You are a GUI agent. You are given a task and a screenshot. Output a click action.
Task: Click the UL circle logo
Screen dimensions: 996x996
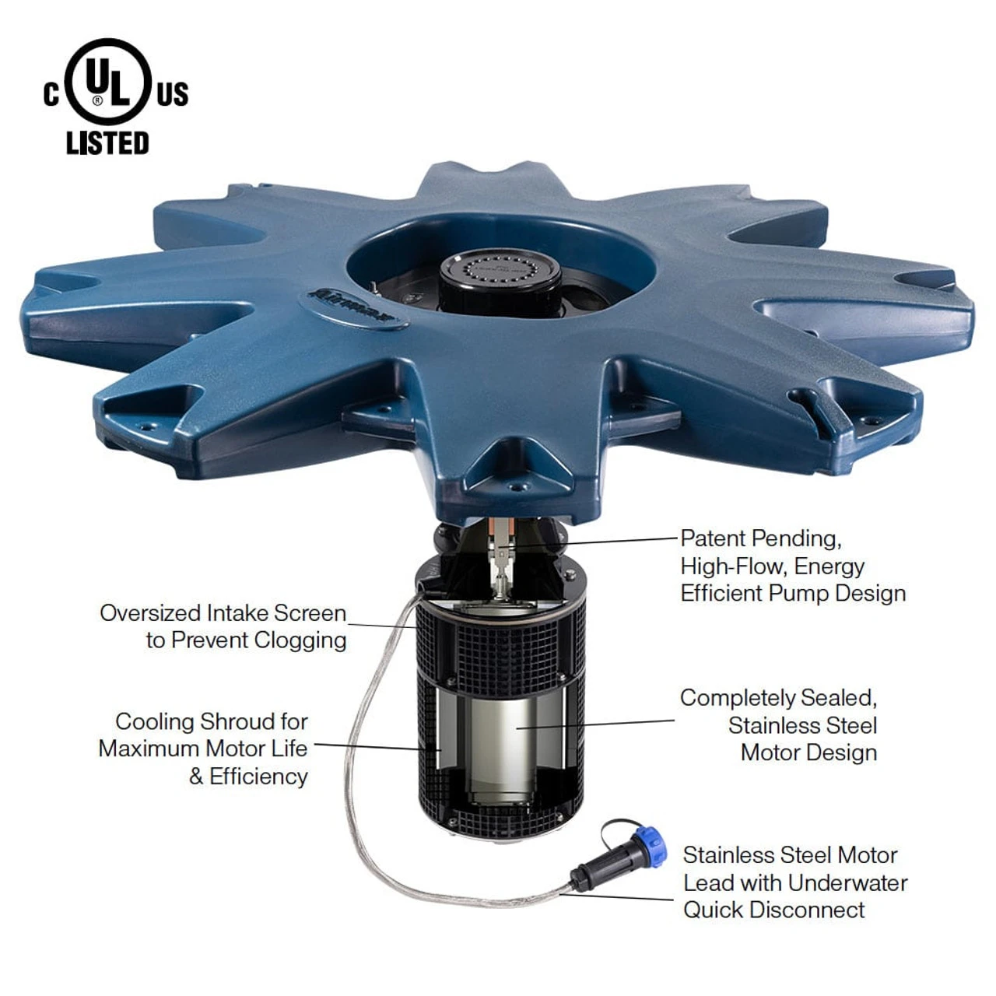click(x=107, y=82)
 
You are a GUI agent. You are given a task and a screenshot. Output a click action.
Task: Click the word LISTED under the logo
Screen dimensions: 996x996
click(x=107, y=143)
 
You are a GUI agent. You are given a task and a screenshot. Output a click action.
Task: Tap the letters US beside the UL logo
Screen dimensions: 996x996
click(x=172, y=94)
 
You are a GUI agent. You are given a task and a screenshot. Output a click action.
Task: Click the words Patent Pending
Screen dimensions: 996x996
click(x=760, y=538)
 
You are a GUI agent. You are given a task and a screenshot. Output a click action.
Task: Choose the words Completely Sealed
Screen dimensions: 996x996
click(x=778, y=698)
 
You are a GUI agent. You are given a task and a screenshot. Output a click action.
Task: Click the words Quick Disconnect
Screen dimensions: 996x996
click(x=773, y=910)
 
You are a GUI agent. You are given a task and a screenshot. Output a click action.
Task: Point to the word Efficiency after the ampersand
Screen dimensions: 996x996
click(x=258, y=777)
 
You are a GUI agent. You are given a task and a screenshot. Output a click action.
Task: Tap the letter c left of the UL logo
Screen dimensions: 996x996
click(x=51, y=95)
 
